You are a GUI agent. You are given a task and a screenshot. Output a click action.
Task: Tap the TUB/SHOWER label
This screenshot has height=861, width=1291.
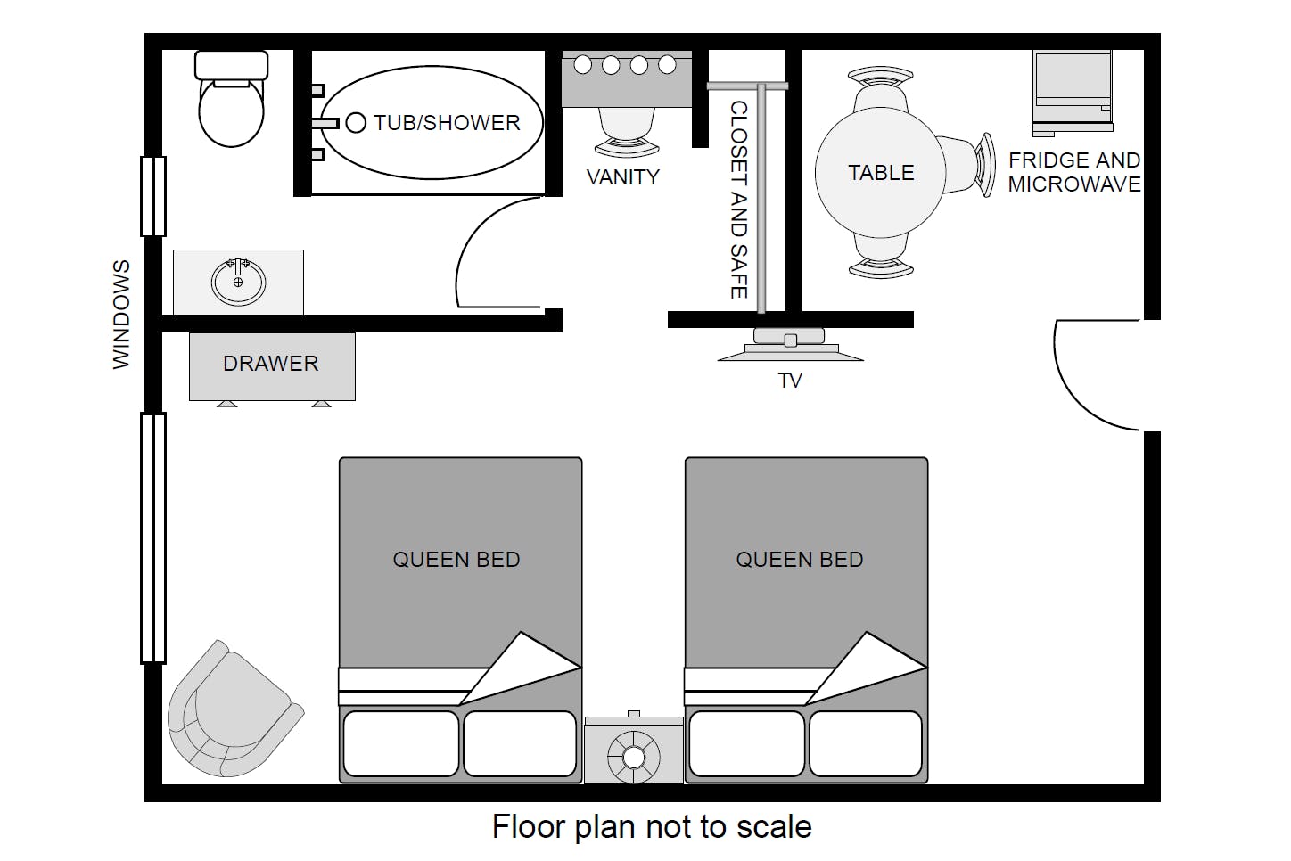click(447, 123)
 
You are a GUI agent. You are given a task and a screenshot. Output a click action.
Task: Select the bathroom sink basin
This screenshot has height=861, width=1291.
click(238, 283)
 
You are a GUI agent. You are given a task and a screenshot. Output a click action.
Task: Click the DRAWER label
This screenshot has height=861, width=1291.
click(271, 364)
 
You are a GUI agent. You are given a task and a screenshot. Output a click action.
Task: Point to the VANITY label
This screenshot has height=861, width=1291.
click(623, 177)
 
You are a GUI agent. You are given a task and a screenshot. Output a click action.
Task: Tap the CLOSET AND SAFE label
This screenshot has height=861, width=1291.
click(739, 200)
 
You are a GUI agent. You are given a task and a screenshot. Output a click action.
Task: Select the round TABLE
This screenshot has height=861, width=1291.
click(880, 172)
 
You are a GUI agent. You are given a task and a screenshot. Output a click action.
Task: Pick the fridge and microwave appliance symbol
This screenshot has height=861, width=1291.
click(1072, 94)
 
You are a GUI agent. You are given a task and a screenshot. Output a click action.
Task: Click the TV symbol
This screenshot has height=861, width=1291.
click(790, 345)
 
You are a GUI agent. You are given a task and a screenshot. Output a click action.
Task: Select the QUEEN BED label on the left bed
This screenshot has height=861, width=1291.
click(456, 560)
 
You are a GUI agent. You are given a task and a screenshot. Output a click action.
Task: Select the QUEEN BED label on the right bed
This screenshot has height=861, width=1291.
click(800, 560)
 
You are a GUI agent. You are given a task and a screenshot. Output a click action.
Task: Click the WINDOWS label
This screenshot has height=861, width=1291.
click(121, 315)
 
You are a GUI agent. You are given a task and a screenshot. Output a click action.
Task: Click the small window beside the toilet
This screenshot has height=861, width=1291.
click(153, 196)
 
